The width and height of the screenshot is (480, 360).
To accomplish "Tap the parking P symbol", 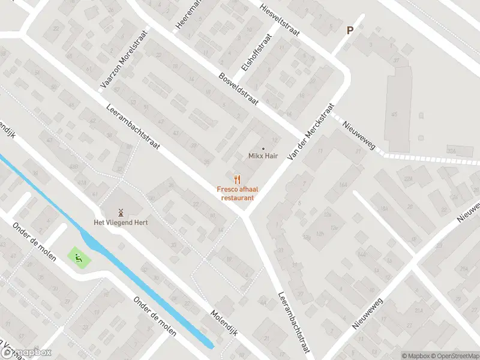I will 350,30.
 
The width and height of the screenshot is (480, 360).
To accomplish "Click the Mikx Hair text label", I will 263,155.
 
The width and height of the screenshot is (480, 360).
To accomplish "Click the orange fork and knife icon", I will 238,178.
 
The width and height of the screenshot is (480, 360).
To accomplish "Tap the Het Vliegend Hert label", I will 120,222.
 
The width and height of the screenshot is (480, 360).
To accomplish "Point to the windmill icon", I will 119,212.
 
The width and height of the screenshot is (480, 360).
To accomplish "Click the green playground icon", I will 79,258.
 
